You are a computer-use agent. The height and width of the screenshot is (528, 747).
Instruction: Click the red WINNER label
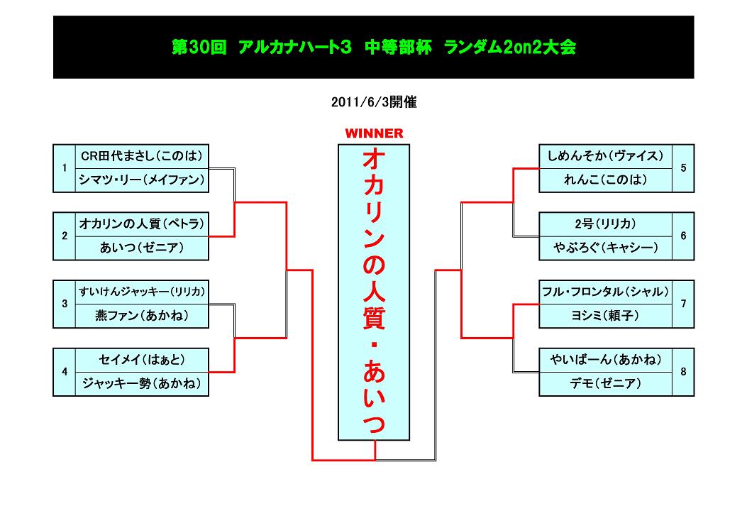coord(374,133)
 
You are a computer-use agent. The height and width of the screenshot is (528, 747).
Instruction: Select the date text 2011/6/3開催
coord(373,102)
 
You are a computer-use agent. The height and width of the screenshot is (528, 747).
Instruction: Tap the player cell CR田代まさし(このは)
coord(142,156)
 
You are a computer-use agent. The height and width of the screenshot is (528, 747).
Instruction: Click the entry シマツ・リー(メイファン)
coord(142,180)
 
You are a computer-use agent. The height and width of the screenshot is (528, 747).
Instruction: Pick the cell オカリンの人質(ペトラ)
coord(142,224)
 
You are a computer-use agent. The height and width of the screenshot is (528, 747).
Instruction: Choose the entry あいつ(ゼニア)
coord(142,248)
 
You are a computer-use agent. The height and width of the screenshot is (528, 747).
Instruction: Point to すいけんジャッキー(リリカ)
coord(142,292)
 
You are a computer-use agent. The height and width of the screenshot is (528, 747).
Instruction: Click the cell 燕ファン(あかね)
coord(142,316)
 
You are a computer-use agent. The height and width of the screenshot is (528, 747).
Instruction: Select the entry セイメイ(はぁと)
coord(142,360)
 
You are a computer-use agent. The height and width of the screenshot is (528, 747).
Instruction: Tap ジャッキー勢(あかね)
coord(142,384)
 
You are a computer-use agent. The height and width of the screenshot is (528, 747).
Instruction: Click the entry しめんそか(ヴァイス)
coord(605,156)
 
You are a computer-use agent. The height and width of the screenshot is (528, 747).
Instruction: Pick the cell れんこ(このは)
coord(605,180)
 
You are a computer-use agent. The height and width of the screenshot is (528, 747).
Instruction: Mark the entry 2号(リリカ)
coord(605,224)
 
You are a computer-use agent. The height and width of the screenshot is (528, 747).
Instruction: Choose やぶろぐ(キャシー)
coord(605,248)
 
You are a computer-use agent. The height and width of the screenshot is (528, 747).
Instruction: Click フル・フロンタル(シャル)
coord(605,292)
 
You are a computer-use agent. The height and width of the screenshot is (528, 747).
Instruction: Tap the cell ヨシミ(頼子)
coord(605,316)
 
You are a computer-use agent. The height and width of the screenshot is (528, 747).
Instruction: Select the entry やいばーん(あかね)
coord(605,360)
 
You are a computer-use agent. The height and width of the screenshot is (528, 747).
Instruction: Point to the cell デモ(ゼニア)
coord(605,384)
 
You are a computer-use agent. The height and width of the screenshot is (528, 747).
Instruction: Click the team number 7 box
coord(682,304)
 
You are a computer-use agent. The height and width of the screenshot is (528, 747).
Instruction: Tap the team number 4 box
coord(65,372)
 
